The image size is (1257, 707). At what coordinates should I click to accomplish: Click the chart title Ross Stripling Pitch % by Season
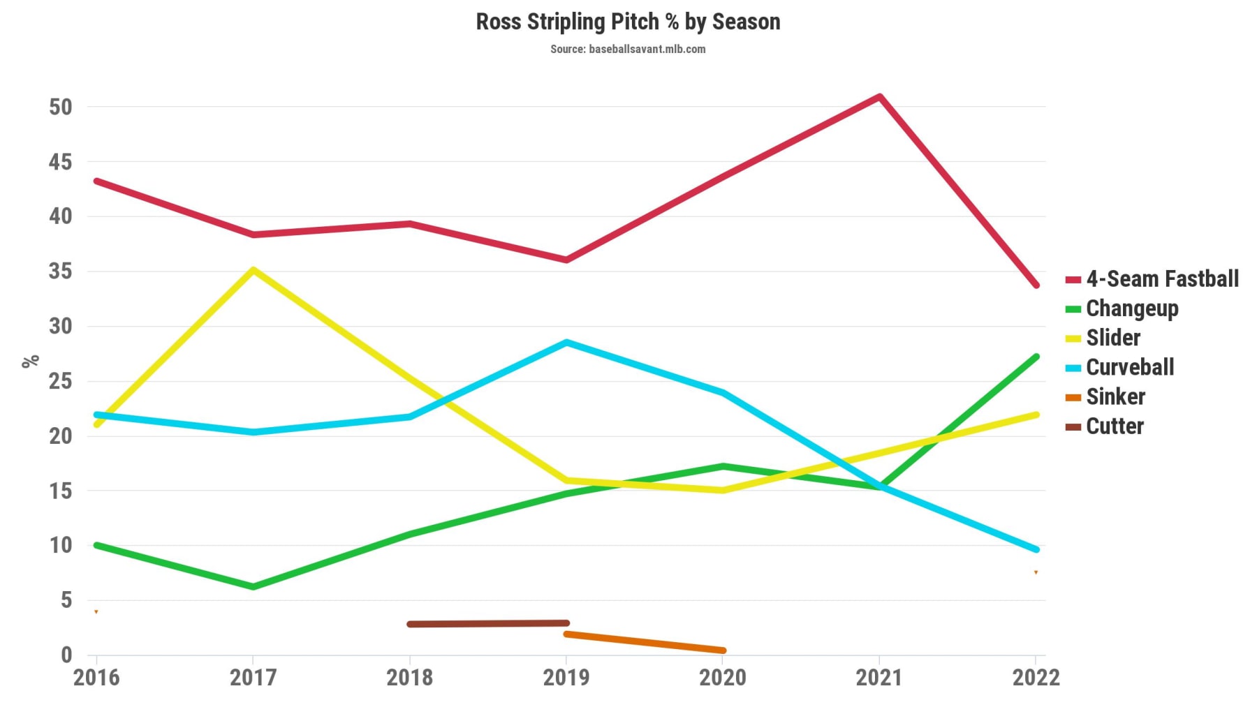tap(628, 22)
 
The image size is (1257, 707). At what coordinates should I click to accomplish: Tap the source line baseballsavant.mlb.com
tap(628, 49)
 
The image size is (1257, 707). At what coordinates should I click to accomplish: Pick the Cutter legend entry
tap(1114, 426)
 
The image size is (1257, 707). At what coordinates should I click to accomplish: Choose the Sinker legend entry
tap(1115, 397)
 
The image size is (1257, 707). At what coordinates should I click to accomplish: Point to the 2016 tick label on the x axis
tap(96, 677)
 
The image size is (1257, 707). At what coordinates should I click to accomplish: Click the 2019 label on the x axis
tap(566, 677)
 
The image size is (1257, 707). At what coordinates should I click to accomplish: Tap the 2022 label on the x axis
tap(1036, 677)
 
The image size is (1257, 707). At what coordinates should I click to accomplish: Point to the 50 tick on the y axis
tap(61, 107)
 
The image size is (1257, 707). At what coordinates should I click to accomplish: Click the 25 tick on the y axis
tap(61, 381)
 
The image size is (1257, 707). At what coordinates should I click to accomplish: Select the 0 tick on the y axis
tap(66, 655)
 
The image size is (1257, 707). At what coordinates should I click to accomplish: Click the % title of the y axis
tap(31, 362)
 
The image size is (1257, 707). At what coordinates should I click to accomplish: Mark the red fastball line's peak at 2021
tap(880, 96)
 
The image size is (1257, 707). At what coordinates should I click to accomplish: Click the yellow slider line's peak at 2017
tap(253, 269)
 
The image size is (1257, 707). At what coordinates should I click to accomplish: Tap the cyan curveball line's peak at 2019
tap(566, 342)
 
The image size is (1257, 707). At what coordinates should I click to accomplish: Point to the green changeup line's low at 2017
tap(253, 587)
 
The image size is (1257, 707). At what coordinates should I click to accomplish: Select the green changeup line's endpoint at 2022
tap(1036, 357)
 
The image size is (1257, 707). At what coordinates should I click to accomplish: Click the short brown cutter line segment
tap(488, 623)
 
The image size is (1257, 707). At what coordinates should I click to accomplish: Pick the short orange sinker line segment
tap(645, 642)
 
